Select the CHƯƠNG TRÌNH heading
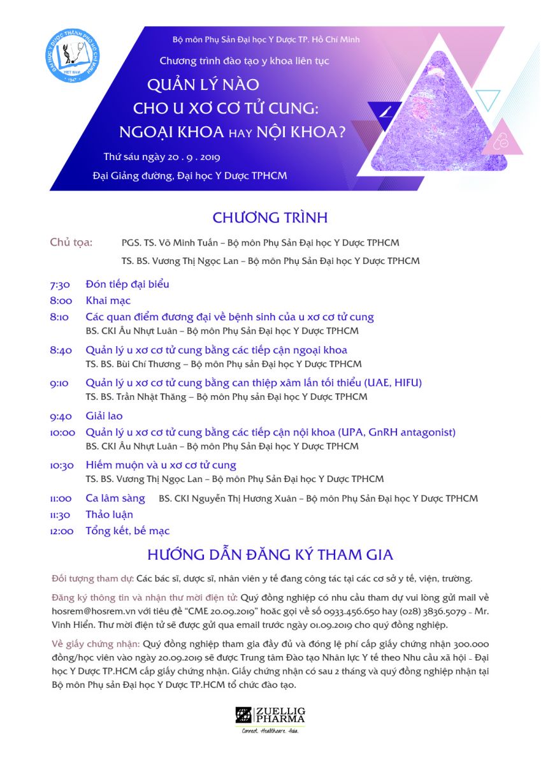270,217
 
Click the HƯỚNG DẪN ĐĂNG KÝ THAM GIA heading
270,553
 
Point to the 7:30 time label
60,284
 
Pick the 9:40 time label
61,416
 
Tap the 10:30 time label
62,465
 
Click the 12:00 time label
62,531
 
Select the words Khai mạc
108,301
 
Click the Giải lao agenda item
104,416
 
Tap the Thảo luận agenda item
110,514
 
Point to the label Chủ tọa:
71,242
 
